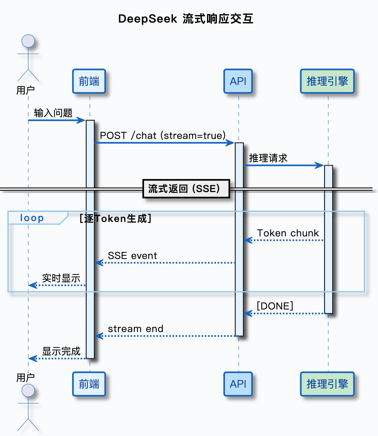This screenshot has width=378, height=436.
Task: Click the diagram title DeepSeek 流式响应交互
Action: (186, 19)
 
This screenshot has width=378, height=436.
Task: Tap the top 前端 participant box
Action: (89, 81)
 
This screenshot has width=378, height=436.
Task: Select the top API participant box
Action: (238, 81)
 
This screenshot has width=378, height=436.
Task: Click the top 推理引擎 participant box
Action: (327, 81)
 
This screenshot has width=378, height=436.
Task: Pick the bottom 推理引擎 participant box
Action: (327, 384)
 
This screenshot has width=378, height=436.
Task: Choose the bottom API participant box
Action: (238, 384)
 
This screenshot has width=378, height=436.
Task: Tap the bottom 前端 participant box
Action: (89, 384)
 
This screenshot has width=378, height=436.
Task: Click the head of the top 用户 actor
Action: (28, 41)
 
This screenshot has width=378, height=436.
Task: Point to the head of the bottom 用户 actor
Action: (28, 390)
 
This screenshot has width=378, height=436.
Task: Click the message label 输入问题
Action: (53, 113)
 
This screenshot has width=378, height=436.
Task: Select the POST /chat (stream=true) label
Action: (163, 136)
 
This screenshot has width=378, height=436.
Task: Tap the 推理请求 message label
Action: (268, 158)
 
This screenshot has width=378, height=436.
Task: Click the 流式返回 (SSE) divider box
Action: (186, 189)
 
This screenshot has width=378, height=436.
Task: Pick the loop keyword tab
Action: (32, 218)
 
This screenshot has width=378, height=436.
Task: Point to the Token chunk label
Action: (288, 233)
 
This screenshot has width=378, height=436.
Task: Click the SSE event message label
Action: (132, 256)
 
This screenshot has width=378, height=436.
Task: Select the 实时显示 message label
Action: (61, 278)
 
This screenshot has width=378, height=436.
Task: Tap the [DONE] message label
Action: (275, 306)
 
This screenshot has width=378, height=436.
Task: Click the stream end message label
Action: (136, 329)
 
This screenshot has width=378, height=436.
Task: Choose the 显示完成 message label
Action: (61, 351)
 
